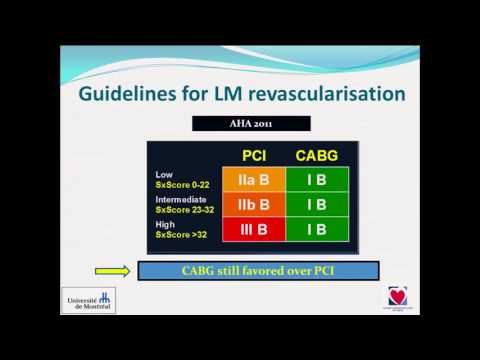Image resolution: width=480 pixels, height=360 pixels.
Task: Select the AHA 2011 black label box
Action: (x=240, y=124)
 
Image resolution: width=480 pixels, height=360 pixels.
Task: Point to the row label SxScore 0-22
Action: (x=182, y=184)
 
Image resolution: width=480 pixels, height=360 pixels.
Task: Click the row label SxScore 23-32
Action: (x=185, y=210)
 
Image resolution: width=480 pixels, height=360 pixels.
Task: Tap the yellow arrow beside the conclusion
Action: (x=113, y=270)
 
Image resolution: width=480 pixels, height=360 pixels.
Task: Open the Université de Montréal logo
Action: (x=88, y=299)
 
